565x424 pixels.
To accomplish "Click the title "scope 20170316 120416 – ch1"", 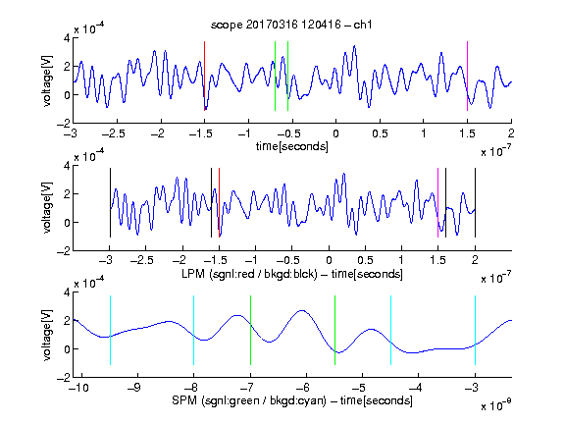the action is [x=291, y=25].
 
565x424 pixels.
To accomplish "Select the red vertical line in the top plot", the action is [x=204, y=77].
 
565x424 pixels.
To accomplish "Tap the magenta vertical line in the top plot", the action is [x=467, y=77].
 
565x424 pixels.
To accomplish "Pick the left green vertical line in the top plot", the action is [x=275, y=77].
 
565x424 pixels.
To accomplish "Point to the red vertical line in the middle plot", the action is [x=219, y=202].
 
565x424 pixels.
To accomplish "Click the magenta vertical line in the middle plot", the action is [x=437, y=202].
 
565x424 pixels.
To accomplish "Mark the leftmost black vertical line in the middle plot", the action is [x=110, y=202].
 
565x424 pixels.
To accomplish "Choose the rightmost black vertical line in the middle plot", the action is [x=475, y=202].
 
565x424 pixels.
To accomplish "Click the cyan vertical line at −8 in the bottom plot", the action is [x=193, y=330].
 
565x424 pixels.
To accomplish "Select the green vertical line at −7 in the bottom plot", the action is [x=250, y=330].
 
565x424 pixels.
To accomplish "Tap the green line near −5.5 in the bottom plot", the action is [x=334, y=330].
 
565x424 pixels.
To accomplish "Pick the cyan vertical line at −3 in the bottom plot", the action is [x=475, y=330].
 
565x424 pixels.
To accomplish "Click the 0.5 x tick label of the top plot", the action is [x=380, y=133].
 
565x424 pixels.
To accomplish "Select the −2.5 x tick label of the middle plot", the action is [x=141, y=260].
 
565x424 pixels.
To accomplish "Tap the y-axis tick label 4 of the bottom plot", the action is [x=67, y=292].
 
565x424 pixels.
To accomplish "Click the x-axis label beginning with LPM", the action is [x=292, y=274].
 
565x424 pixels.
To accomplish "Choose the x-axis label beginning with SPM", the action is [x=292, y=400].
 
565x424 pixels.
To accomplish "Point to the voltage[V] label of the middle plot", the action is [x=47, y=207].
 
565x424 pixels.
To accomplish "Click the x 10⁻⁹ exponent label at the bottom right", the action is [x=496, y=405].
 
